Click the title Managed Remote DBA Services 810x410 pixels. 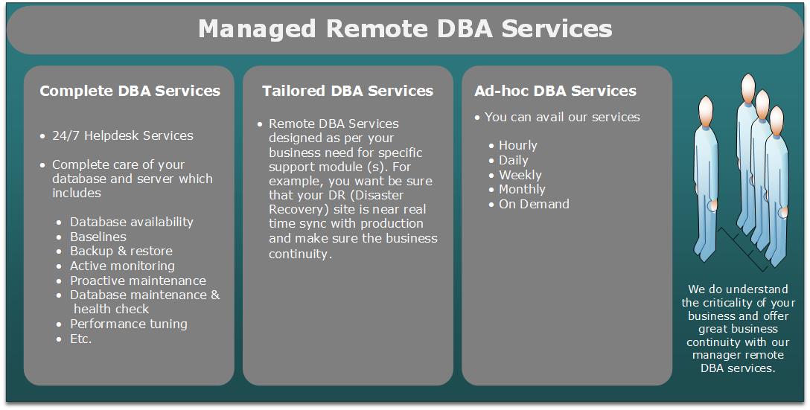pyautogui.click(x=405, y=29)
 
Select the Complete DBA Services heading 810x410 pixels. pyautogui.click(x=130, y=91)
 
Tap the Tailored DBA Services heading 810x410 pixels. pyautogui.click(x=347, y=91)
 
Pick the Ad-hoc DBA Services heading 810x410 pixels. pyautogui.click(x=555, y=91)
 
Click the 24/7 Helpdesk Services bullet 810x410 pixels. pyautogui.click(x=122, y=135)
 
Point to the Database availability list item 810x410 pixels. pyautogui.click(x=131, y=222)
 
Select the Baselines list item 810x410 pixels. pyautogui.click(x=98, y=237)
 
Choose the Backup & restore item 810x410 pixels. pyautogui.click(x=121, y=251)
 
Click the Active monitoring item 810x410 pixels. pyautogui.click(x=122, y=266)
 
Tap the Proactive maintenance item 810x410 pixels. pyautogui.click(x=138, y=281)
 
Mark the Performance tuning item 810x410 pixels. pyautogui.click(x=128, y=324)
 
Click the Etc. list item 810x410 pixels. pyautogui.click(x=80, y=339)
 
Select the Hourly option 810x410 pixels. pyautogui.click(x=517, y=145)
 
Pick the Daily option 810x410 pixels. pyautogui.click(x=513, y=160)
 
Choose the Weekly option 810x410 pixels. pyautogui.click(x=520, y=175)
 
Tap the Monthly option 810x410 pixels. pyautogui.click(x=522, y=189)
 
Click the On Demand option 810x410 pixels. pyautogui.click(x=534, y=204)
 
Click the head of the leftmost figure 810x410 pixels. pyautogui.click(x=705, y=112)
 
